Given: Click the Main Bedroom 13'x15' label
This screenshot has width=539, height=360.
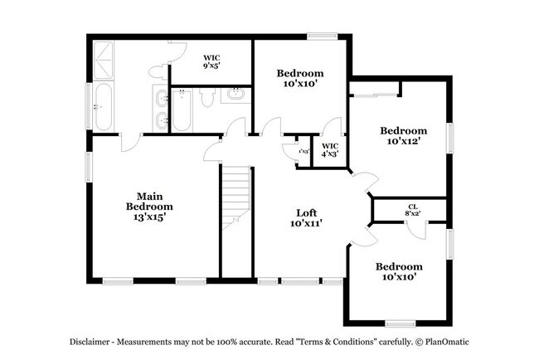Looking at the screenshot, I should [149, 206].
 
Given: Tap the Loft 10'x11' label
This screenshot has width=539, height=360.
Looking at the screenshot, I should [306, 218].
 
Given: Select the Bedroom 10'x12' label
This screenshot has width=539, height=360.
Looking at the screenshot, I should [404, 136].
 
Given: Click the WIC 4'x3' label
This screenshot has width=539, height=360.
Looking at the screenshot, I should [330, 149].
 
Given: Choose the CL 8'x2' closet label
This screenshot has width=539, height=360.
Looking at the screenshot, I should [412, 210].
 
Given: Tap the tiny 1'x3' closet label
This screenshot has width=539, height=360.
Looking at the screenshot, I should [304, 151].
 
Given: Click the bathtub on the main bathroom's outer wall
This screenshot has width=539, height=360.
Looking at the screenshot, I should [104, 106].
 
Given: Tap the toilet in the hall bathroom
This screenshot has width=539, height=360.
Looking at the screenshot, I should [208, 97].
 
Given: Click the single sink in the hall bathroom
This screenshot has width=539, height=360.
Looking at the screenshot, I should [236, 94].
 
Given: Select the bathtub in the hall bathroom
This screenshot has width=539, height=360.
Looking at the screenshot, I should [183, 109].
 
